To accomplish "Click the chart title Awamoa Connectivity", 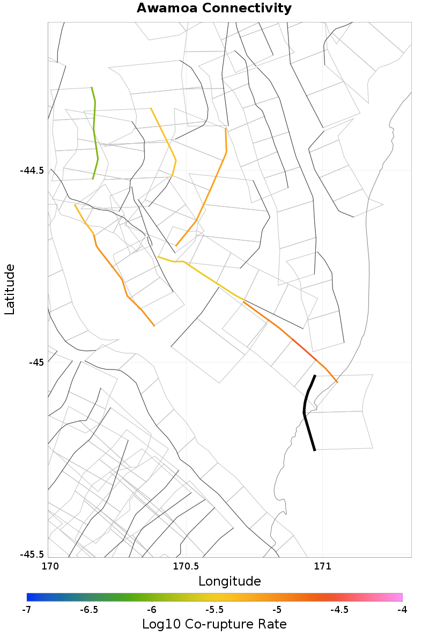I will pyautogui.click(x=214, y=9).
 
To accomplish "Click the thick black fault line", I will pyautogui.click(x=305, y=413).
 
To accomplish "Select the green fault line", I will pyautogui.click(x=95, y=134).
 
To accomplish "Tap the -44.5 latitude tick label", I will pyautogui.click(x=32, y=171).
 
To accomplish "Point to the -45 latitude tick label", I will pyautogui.click(x=37, y=362).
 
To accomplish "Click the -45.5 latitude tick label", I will pyautogui.click(x=32, y=554).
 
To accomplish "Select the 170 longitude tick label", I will pyautogui.click(x=49, y=566).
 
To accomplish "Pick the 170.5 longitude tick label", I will pyautogui.click(x=186, y=566).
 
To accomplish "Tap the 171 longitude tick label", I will pyautogui.click(x=322, y=566).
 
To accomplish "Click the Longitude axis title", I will pyautogui.click(x=230, y=581).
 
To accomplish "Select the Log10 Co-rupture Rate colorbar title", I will pyautogui.click(x=214, y=624).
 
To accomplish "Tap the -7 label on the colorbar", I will pyautogui.click(x=27, y=610).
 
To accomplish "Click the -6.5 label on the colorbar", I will pyautogui.click(x=89, y=610).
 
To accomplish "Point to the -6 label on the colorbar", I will pyautogui.click(x=152, y=610).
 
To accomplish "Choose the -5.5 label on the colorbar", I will pyautogui.click(x=214, y=610).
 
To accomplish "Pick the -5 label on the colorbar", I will pyautogui.click(x=277, y=610).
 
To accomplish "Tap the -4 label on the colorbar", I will pyautogui.click(x=402, y=610).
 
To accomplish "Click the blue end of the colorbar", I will pyautogui.click(x=30, y=597).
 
